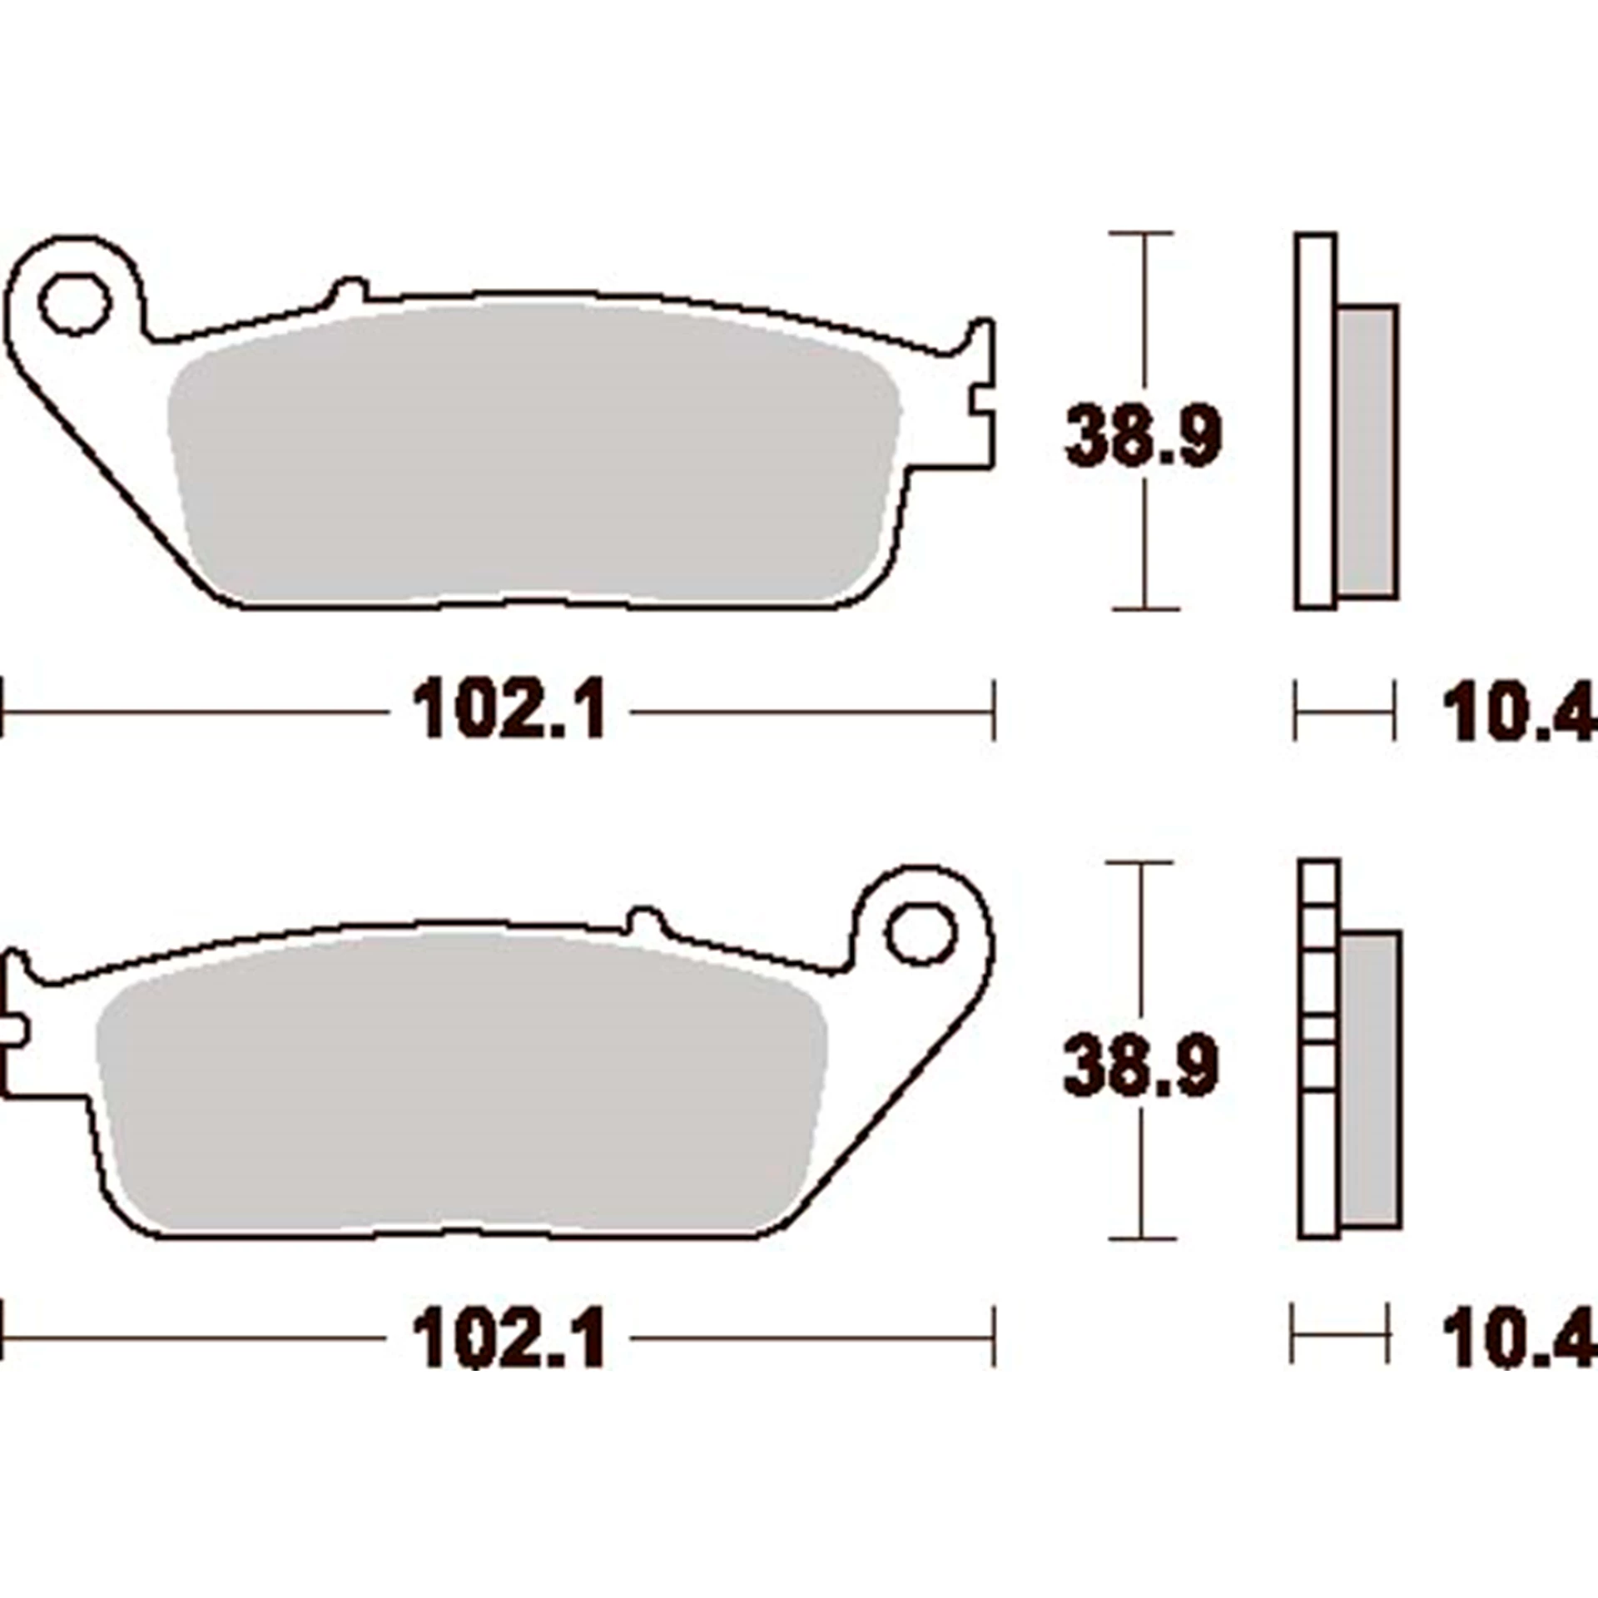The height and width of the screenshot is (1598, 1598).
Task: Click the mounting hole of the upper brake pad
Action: pyautogui.click(x=76, y=304)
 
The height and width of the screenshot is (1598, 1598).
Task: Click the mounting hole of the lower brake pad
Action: pyautogui.click(x=921, y=935)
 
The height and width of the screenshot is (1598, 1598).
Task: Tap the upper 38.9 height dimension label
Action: pyautogui.click(x=1144, y=436)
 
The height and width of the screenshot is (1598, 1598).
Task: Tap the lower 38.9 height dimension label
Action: pyautogui.click(x=1141, y=1065)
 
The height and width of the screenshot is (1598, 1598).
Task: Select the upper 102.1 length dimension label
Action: pyautogui.click(x=509, y=710)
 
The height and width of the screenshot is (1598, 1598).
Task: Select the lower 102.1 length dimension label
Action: pyautogui.click(x=509, y=1338)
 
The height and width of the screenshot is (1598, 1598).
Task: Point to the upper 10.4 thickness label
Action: pyautogui.click(x=1516, y=710)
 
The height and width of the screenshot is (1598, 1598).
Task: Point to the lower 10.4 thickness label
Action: pyautogui.click(x=1516, y=1338)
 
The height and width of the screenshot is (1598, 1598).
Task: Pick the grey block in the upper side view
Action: pyautogui.click(x=1368, y=450)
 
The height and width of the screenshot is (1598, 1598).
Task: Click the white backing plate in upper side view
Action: pyautogui.click(x=1316, y=420)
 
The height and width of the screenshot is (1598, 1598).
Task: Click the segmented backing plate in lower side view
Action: pyautogui.click(x=1319, y=1049)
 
